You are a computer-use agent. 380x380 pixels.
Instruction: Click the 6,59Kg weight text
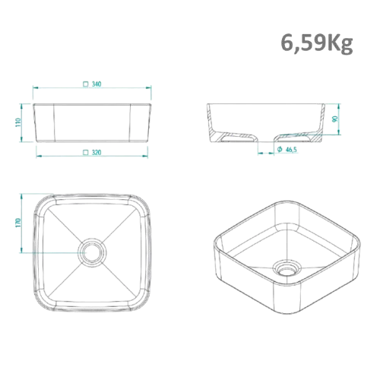317,43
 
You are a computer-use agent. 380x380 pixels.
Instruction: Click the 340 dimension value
97,84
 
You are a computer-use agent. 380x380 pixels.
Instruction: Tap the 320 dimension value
97,152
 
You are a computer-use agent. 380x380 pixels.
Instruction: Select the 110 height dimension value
18,122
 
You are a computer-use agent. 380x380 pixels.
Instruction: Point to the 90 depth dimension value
335,119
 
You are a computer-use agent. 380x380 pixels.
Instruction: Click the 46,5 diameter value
291,150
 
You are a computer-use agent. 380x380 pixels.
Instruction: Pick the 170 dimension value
18,223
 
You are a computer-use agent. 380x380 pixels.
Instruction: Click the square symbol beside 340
86,84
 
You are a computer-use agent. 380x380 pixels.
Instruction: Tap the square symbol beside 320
86,152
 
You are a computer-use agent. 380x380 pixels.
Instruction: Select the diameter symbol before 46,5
280,149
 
